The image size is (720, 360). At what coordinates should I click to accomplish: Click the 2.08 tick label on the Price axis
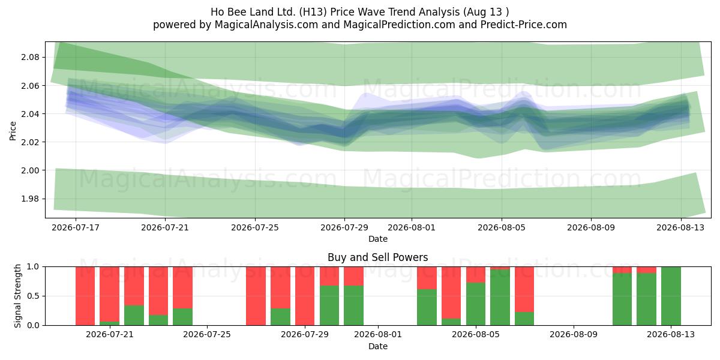tap(30, 57)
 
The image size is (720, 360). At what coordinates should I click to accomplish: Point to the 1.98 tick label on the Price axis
tap(30, 199)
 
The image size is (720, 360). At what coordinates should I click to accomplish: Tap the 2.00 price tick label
tap(30, 170)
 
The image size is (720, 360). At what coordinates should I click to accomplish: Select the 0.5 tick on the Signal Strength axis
tap(33, 296)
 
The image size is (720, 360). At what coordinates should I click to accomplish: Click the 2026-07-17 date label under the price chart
tap(76, 227)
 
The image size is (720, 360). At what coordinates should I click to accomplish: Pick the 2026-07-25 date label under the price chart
tap(255, 227)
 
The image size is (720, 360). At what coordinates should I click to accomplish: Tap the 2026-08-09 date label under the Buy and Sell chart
tap(574, 335)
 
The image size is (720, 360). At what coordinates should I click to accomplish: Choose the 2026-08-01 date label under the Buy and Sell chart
tap(378, 335)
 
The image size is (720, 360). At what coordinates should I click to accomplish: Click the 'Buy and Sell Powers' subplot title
tap(377, 257)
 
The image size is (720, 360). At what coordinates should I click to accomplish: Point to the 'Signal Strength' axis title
tap(17, 296)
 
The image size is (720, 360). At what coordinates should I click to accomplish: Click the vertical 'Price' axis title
tap(13, 131)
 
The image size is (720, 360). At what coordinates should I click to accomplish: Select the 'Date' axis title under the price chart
tap(377, 239)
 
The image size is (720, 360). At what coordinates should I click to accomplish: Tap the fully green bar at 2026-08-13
tap(671, 296)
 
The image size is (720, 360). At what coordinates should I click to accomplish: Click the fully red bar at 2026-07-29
tap(305, 296)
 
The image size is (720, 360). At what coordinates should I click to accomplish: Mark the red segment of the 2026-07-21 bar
tap(109, 294)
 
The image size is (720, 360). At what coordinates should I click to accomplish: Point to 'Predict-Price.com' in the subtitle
tap(524, 25)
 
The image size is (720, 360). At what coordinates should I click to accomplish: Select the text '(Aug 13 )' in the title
tap(486, 12)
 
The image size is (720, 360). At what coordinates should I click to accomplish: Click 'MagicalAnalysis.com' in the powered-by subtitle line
tap(266, 25)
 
